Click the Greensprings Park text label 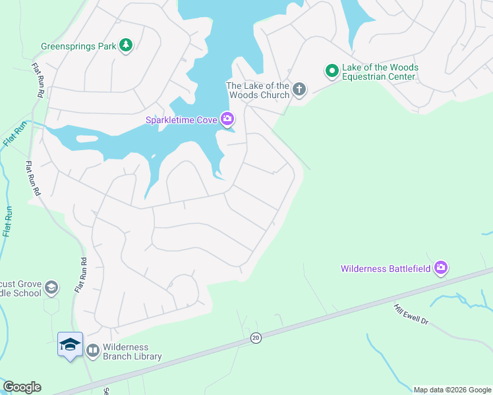click(x=78, y=46)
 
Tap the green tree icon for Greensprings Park click(x=126, y=45)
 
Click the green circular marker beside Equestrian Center click(x=332, y=70)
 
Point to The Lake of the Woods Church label click(x=258, y=90)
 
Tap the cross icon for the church click(x=299, y=89)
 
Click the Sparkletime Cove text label click(x=181, y=119)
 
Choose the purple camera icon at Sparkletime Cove click(x=227, y=118)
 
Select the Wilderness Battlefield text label click(x=386, y=269)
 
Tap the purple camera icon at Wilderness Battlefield click(x=441, y=267)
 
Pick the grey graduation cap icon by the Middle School click(x=51, y=288)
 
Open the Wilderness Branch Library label click(x=132, y=352)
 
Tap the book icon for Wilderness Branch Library click(x=93, y=351)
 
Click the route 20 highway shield click(x=255, y=338)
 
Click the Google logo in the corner click(x=22, y=386)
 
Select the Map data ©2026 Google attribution click(x=453, y=390)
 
